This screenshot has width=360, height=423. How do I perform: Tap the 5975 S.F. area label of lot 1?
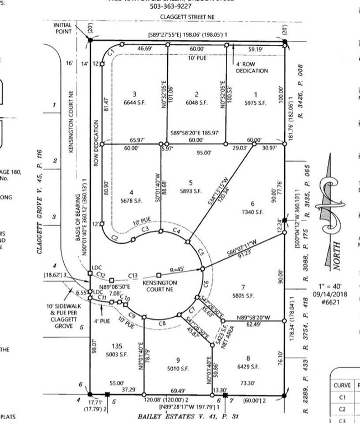[255, 103]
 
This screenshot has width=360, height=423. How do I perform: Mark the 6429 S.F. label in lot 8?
[248, 367]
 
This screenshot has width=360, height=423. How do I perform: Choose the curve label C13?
[132, 275]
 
